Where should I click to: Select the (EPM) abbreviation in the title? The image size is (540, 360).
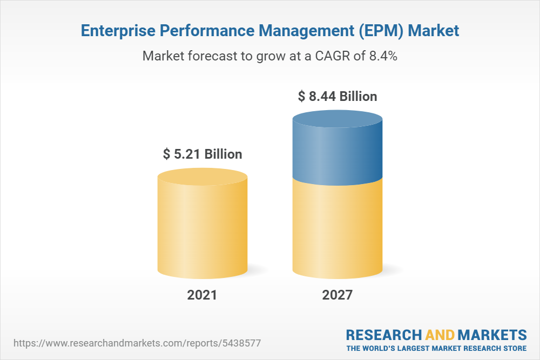click(374, 31)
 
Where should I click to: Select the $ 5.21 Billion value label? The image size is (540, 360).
click(202, 154)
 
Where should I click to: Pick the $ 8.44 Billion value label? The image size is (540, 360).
click(337, 97)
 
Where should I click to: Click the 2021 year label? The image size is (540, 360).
click(202, 295)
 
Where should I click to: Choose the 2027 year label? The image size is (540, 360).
click(337, 295)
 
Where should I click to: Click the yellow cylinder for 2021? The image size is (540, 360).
click(202, 232)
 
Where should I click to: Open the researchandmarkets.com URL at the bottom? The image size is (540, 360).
click(137, 343)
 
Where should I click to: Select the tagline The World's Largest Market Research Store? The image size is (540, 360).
click(436, 348)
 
